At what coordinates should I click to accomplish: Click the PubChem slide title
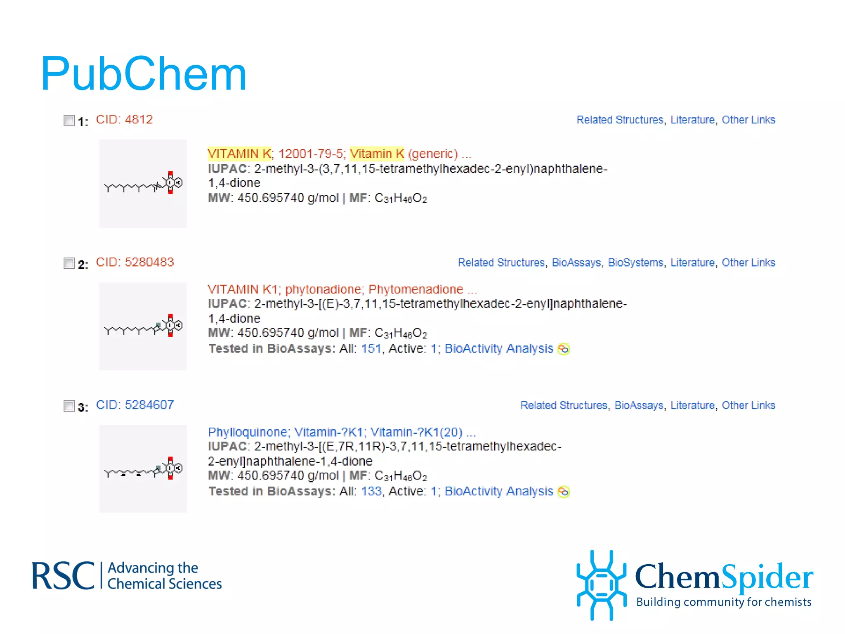pos(143,74)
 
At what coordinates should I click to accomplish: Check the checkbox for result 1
pos(69,121)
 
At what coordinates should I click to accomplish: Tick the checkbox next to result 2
pos(69,263)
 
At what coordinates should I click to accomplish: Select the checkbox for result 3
pos(69,406)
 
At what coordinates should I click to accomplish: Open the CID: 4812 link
pos(124,120)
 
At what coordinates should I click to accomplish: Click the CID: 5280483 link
pos(135,263)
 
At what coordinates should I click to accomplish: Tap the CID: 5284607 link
pos(135,405)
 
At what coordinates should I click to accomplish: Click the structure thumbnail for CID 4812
pos(143,183)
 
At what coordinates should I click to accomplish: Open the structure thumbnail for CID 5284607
pos(143,469)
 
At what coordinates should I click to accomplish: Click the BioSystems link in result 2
pos(635,263)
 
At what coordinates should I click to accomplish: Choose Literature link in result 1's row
pos(692,120)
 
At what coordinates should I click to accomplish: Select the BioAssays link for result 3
pos(639,406)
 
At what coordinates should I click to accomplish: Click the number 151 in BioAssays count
pos(371,349)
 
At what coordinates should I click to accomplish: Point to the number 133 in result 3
pos(371,492)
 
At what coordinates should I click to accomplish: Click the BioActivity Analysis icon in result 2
pos(563,349)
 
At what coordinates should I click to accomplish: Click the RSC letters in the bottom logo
pos(63,576)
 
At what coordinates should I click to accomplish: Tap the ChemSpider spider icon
pos(601,585)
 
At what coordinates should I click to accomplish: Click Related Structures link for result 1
pos(619,120)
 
